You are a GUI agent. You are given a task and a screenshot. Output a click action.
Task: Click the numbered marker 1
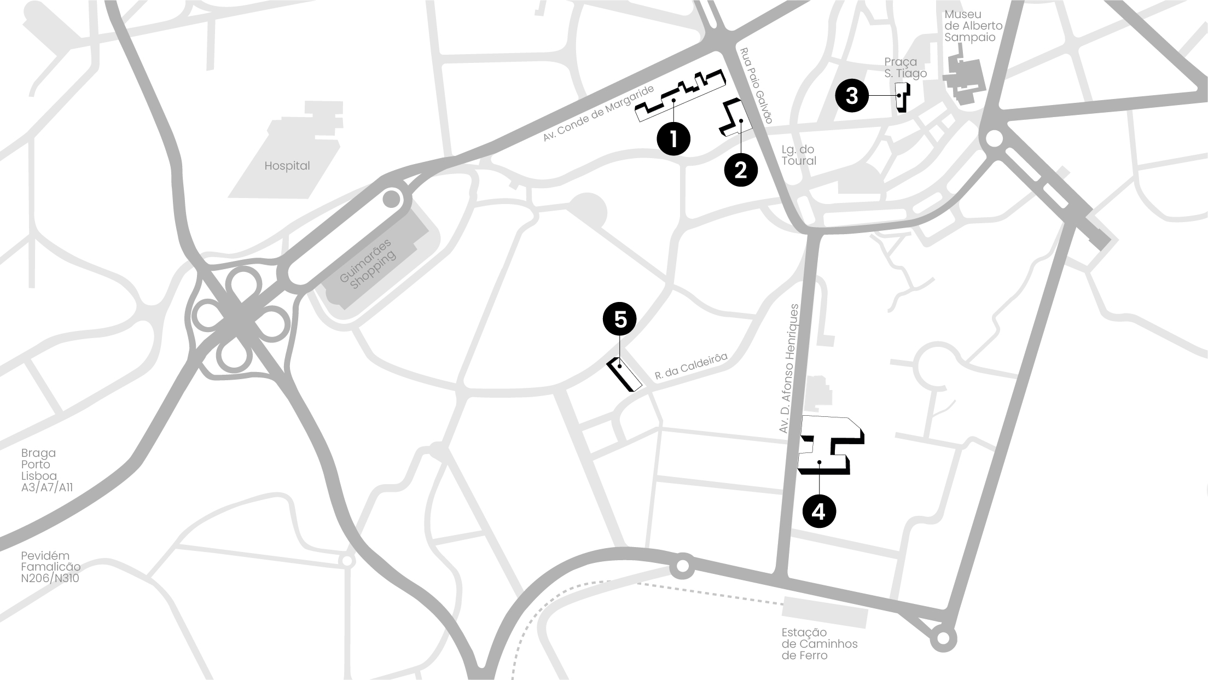(x=673, y=139)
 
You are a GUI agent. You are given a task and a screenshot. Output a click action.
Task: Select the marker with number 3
(x=852, y=96)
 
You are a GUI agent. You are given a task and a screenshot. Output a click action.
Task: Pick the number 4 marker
(x=818, y=512)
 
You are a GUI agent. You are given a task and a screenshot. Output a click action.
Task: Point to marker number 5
(x=619, y=319)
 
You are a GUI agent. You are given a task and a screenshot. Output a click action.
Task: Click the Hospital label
(x=287, y=166)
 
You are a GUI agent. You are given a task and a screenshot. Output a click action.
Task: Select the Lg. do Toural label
(x=798, y=155)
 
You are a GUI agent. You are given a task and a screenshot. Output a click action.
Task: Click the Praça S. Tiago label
(x=905, y=68)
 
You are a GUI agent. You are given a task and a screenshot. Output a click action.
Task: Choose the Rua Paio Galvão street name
(x=756, y=85)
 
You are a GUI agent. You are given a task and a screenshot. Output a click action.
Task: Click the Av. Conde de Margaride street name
(x=599, y=114)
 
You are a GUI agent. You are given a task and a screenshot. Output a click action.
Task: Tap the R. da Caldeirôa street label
(x=691, y=366)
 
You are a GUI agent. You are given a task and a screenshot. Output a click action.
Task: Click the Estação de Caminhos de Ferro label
(x=819, y=644)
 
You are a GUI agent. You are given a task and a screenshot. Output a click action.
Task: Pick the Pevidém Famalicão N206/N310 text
(x=50, y=567)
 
